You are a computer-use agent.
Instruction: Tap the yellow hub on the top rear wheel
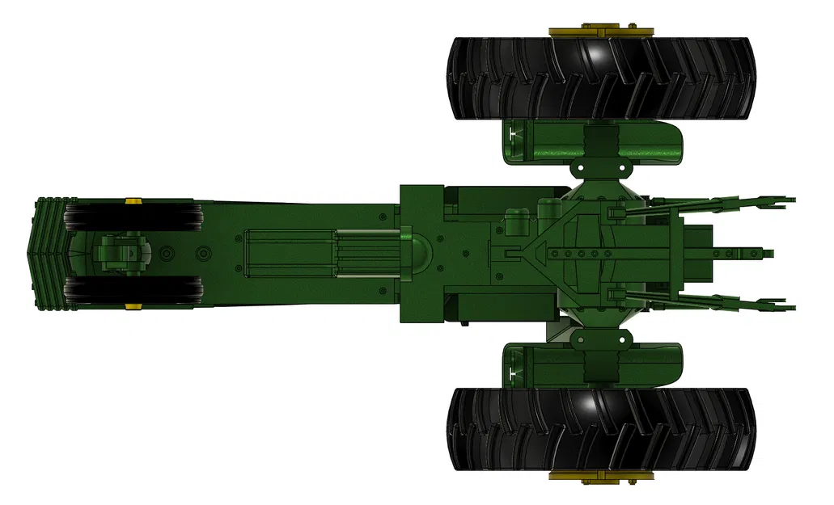click(600, 32)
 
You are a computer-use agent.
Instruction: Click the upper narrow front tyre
click(133, 217)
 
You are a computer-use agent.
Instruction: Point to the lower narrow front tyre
click(133, 290)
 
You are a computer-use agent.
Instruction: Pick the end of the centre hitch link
click(759, 253)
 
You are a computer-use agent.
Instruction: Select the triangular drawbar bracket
click(538, 253)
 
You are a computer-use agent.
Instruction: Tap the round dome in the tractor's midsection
click(413, 251)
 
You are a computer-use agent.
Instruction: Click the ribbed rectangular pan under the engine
click(291, 253)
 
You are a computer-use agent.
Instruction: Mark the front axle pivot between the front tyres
click(120, 253)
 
